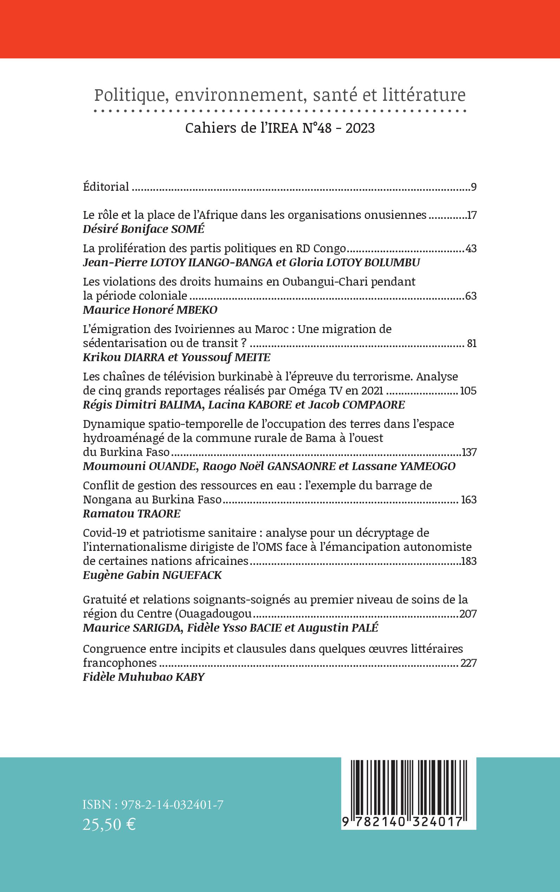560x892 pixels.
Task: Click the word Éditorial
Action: pyautogui.click(x=106, y=187)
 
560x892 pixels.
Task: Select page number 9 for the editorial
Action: pyautogui.click(x=473, y=187)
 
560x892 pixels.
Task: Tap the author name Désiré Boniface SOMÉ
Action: pyautogui.click(x=143, y=229)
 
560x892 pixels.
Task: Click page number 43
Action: pyautogui.click(x=470, y=248)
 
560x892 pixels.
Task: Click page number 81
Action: pyautogui.click(x=471, y=344)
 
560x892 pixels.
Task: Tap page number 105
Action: pyautogui.click(x=467, y=391)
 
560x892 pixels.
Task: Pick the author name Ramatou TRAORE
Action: pyautogui.click(x=131, y=514)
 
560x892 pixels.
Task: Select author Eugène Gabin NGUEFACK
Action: pyautogui.click(x=152, y=575)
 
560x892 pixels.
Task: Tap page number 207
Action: pyautogui.click(x=467, y=614)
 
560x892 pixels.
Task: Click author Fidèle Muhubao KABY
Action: pyautogui.click(x=144, y=677)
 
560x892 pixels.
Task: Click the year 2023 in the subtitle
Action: pyautogui.click(x=360, y=128)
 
